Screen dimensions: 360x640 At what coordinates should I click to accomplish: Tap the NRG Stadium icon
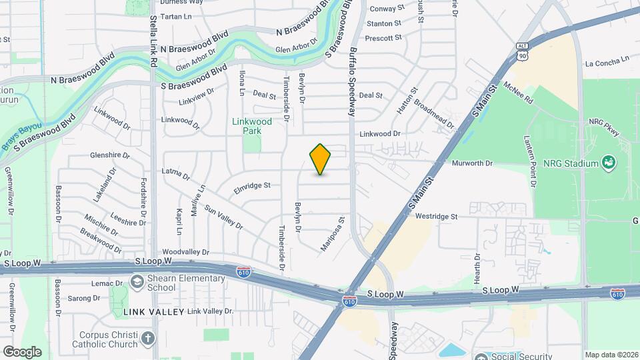(x=607, y=162)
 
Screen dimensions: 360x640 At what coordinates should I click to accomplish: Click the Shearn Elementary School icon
(x=137, y=282)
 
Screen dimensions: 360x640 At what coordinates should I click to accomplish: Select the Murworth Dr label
(x=472, y=163)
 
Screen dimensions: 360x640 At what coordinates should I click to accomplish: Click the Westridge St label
(x=436, y=217)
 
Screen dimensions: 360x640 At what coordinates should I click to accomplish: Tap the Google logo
(x=22, y=351)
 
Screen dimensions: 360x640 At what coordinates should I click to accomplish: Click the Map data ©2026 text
(x=611, y=355)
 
